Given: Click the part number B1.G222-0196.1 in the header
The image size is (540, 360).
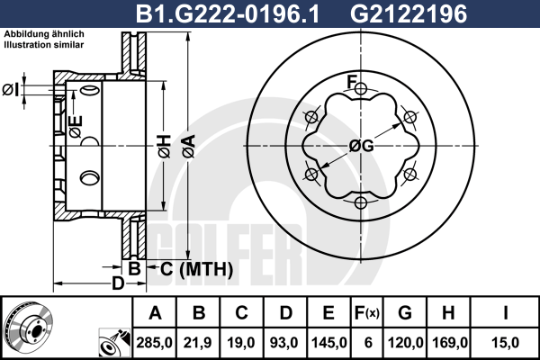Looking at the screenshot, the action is click(228, 13).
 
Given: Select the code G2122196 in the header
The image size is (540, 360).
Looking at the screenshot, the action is click(409, 13).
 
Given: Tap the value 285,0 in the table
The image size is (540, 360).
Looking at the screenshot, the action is click(154, 343).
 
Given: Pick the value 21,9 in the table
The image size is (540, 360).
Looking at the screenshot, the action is click(198, 343).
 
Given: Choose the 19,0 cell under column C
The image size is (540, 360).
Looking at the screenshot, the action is click(241, 343).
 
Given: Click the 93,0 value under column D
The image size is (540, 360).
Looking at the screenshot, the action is click(284, 343).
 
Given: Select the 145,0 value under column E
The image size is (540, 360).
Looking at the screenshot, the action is click(328, 343).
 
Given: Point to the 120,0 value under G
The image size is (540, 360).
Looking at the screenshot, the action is click(405, 343).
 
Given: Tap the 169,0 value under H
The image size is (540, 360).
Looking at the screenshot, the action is click(449, 343).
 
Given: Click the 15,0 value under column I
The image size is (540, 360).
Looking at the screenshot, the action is click(505, 343).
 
